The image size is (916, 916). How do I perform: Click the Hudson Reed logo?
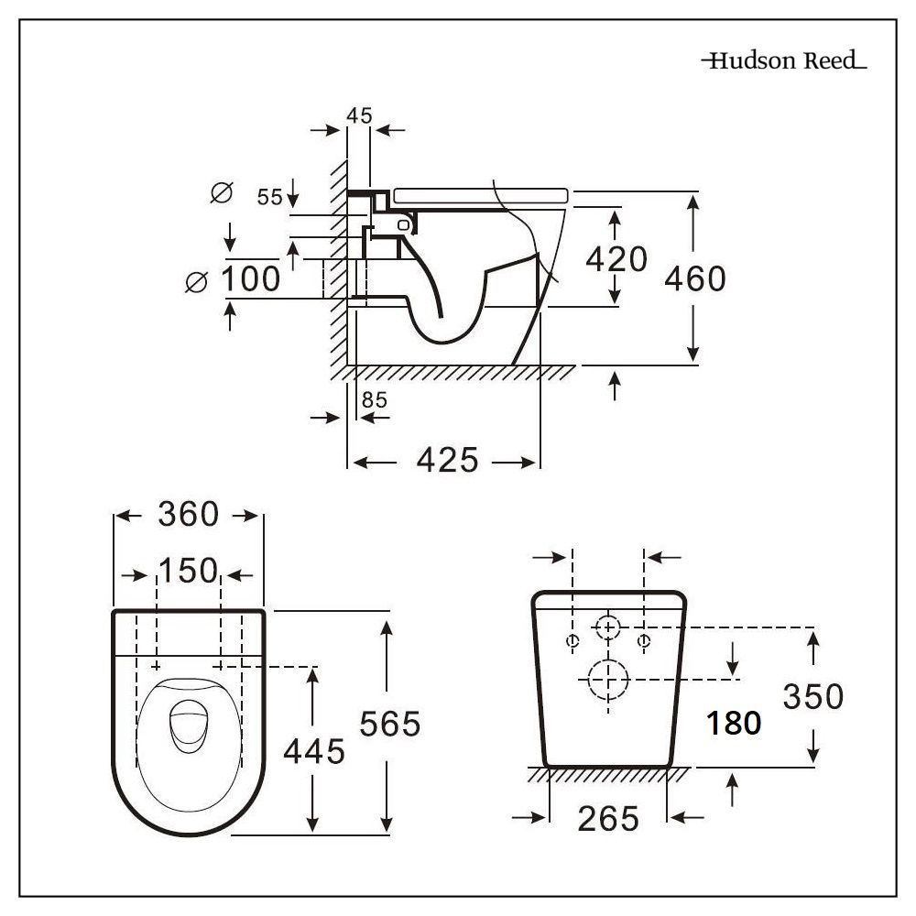pos(783,61)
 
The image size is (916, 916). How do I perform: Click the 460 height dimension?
pos(695,278)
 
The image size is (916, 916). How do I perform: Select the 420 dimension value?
pos(616,259)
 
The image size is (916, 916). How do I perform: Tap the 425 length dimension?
pos(447,461)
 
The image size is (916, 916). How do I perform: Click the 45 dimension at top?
pos(359,115)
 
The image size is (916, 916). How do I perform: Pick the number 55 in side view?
pos(269,196)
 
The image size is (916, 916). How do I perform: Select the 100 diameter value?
pos(250,278)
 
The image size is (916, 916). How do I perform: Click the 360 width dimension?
pos(189,515)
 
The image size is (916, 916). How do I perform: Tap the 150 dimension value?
pos(188,572)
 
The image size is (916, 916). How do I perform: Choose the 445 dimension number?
pos(313,752)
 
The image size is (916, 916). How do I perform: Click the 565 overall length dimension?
pos(389,724)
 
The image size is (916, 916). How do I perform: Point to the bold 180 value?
pos(734,723)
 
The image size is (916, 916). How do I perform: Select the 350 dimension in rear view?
pos(812,696)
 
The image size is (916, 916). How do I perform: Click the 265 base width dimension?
pos(608,818)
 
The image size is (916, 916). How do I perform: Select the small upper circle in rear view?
pos(607,627)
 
